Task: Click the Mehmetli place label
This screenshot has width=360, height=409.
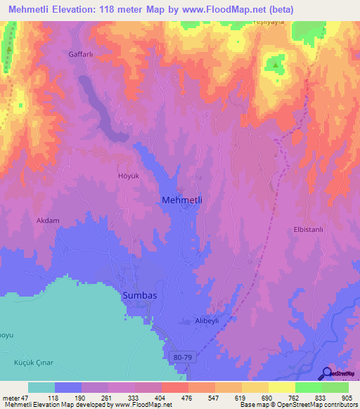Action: pyautogui.click(x=182, y=200)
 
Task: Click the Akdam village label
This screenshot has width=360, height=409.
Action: pyautogui.click(x=47, y=220)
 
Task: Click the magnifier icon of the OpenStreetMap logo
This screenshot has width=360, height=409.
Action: pyautogui.click(x=327, y=373)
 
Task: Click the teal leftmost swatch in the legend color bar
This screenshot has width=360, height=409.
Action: pyautogui.click(x=41, y=387)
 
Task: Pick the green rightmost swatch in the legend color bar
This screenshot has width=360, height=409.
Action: pyautogui.click(x=335, y=387)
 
